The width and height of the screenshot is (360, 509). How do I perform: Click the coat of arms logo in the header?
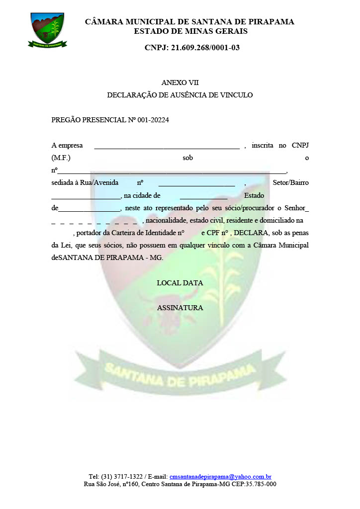click(47, 30)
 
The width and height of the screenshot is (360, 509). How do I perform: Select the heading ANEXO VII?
click(180, 83)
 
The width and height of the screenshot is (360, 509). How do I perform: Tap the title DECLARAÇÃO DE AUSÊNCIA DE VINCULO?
click(180, 95)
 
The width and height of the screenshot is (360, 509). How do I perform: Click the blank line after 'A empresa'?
click(167, 146)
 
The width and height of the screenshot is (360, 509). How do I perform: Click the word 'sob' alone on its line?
click(187, 158)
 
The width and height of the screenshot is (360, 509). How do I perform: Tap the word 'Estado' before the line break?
click(254, 195)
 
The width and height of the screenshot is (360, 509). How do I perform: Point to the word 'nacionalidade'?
click(164, 220)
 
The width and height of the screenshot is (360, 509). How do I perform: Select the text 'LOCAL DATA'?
click(180, 283)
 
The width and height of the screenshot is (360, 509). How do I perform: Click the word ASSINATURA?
click(180, 308)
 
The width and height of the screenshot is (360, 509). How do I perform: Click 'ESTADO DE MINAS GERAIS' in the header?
click(190, 31)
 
